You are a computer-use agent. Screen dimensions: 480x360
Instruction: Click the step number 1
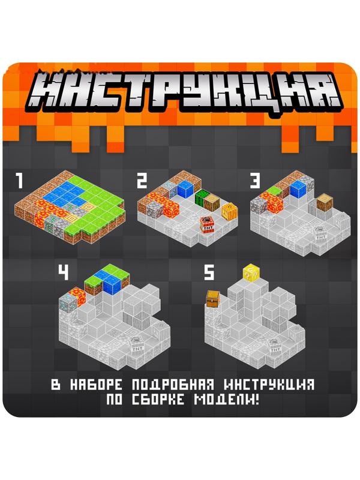click(x=20, y=179)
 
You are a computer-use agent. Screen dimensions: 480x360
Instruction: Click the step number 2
click(x=142, y=181)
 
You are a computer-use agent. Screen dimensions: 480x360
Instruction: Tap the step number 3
click(x=256, y=181)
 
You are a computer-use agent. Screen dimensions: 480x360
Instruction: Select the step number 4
click(x=63, y=273)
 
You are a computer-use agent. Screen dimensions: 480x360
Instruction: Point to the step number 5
click(x=209, y=274)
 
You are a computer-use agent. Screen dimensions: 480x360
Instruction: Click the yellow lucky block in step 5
click(x=250, y=274)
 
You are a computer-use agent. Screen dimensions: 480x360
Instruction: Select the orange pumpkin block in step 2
click(x=229, y=211)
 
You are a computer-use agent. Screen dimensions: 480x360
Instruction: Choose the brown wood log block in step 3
click(x=325, y=203)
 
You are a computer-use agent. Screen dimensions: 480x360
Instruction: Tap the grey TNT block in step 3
click(x=321, y=236)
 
